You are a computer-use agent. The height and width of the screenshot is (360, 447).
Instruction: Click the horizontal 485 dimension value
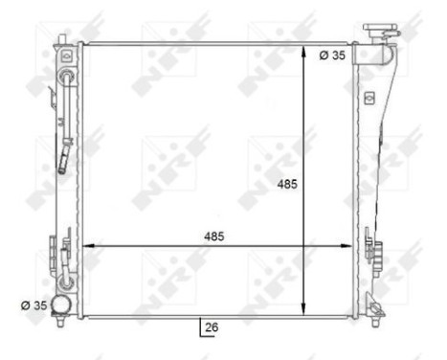click(x=214, y=236)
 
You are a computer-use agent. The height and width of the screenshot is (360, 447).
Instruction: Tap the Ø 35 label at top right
click(x=331, y=56)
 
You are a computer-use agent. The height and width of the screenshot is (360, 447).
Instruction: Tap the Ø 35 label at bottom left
click(x=34, y=306)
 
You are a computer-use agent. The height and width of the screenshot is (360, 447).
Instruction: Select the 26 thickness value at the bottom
click(x=212, y=327)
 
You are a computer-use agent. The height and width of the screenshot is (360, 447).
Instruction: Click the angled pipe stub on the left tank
click(x=66, y=155)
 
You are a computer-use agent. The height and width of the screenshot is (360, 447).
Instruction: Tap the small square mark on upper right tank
click(x=367, y=97)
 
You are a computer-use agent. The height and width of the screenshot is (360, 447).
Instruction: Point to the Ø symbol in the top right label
click(x=323, y=56)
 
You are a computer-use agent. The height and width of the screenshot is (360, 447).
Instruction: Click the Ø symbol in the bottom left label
click(x=26, y=306)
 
